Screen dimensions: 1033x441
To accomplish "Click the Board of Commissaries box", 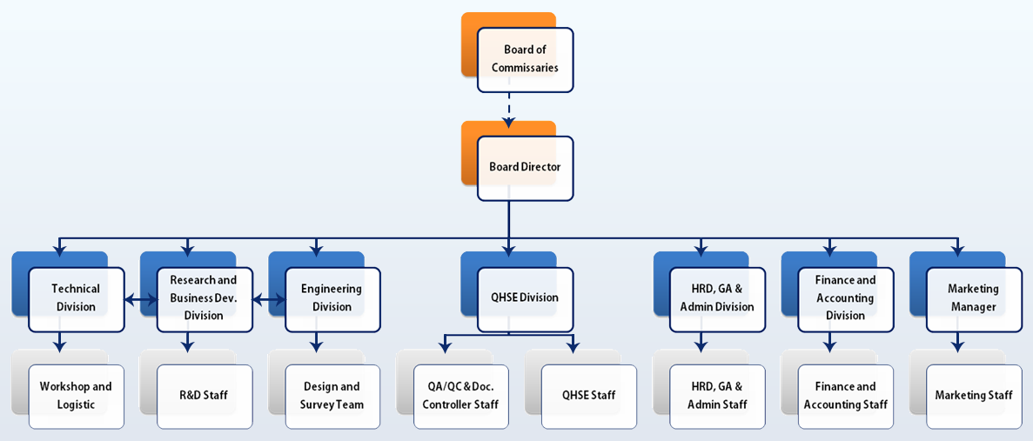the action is coord(525,60).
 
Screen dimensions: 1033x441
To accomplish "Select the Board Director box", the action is coord(525,168).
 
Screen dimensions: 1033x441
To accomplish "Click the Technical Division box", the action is coord(77,299).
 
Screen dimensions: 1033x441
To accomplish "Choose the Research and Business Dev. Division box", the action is coord(205,299).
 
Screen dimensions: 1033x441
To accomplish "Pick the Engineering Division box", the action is coord(332,299).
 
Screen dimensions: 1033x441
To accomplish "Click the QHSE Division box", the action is coord(525,299).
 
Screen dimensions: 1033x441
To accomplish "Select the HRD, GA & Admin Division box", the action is coord(717,299).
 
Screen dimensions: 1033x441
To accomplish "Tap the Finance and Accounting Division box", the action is coord(846,299).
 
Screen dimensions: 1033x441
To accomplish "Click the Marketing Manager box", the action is coord(975,299).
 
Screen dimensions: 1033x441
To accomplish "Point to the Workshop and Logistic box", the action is coord(77,397).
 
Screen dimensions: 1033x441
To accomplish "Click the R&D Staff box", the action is coord(205,397).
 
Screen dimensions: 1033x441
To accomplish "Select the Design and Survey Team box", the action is coord(332,397).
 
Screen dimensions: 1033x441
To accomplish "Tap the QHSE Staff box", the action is coord(589,397).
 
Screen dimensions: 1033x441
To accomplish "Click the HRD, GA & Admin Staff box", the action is coord(717,397).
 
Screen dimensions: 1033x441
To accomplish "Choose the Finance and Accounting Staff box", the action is coord(846,397).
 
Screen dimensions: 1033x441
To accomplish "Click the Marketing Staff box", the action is coord(975,397).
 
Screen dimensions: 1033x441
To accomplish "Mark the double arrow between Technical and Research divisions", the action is coord(141,300).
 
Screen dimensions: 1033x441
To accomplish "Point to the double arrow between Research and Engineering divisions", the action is coord(269,300).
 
